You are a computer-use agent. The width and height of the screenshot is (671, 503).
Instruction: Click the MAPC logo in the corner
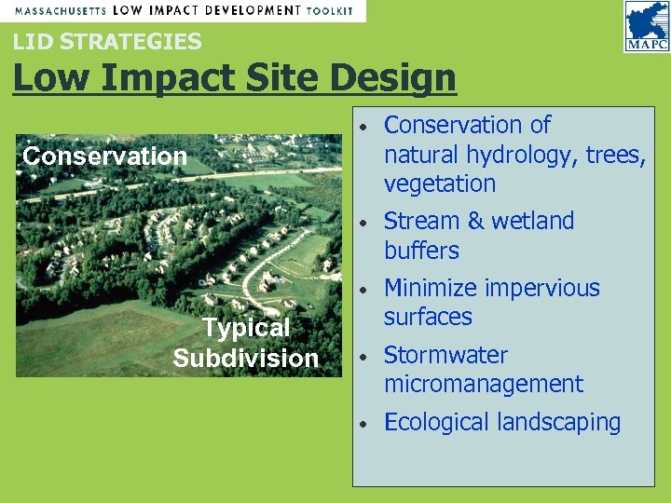(646, 27)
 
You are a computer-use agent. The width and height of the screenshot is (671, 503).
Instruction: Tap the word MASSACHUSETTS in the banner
(59, 10)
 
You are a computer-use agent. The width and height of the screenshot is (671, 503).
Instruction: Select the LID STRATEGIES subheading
(106, 41)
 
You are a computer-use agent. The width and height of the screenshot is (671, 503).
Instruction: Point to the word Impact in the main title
(159, 79)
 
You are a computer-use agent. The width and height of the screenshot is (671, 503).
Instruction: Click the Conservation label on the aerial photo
(104, 156)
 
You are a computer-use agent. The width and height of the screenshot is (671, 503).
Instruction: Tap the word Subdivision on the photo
(246, 359)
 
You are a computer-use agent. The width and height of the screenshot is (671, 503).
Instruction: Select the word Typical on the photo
(247, 328)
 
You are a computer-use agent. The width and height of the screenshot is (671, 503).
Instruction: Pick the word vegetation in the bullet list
(440, 184)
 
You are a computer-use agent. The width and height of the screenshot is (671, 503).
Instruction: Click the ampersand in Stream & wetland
(476, 222)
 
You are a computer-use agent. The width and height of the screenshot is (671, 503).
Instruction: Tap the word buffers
(421, 251)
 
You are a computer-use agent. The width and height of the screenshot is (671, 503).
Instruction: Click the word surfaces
(428, 317)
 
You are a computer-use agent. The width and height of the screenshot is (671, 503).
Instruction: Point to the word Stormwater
(445, 355)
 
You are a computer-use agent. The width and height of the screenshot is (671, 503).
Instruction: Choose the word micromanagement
(484, 384)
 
